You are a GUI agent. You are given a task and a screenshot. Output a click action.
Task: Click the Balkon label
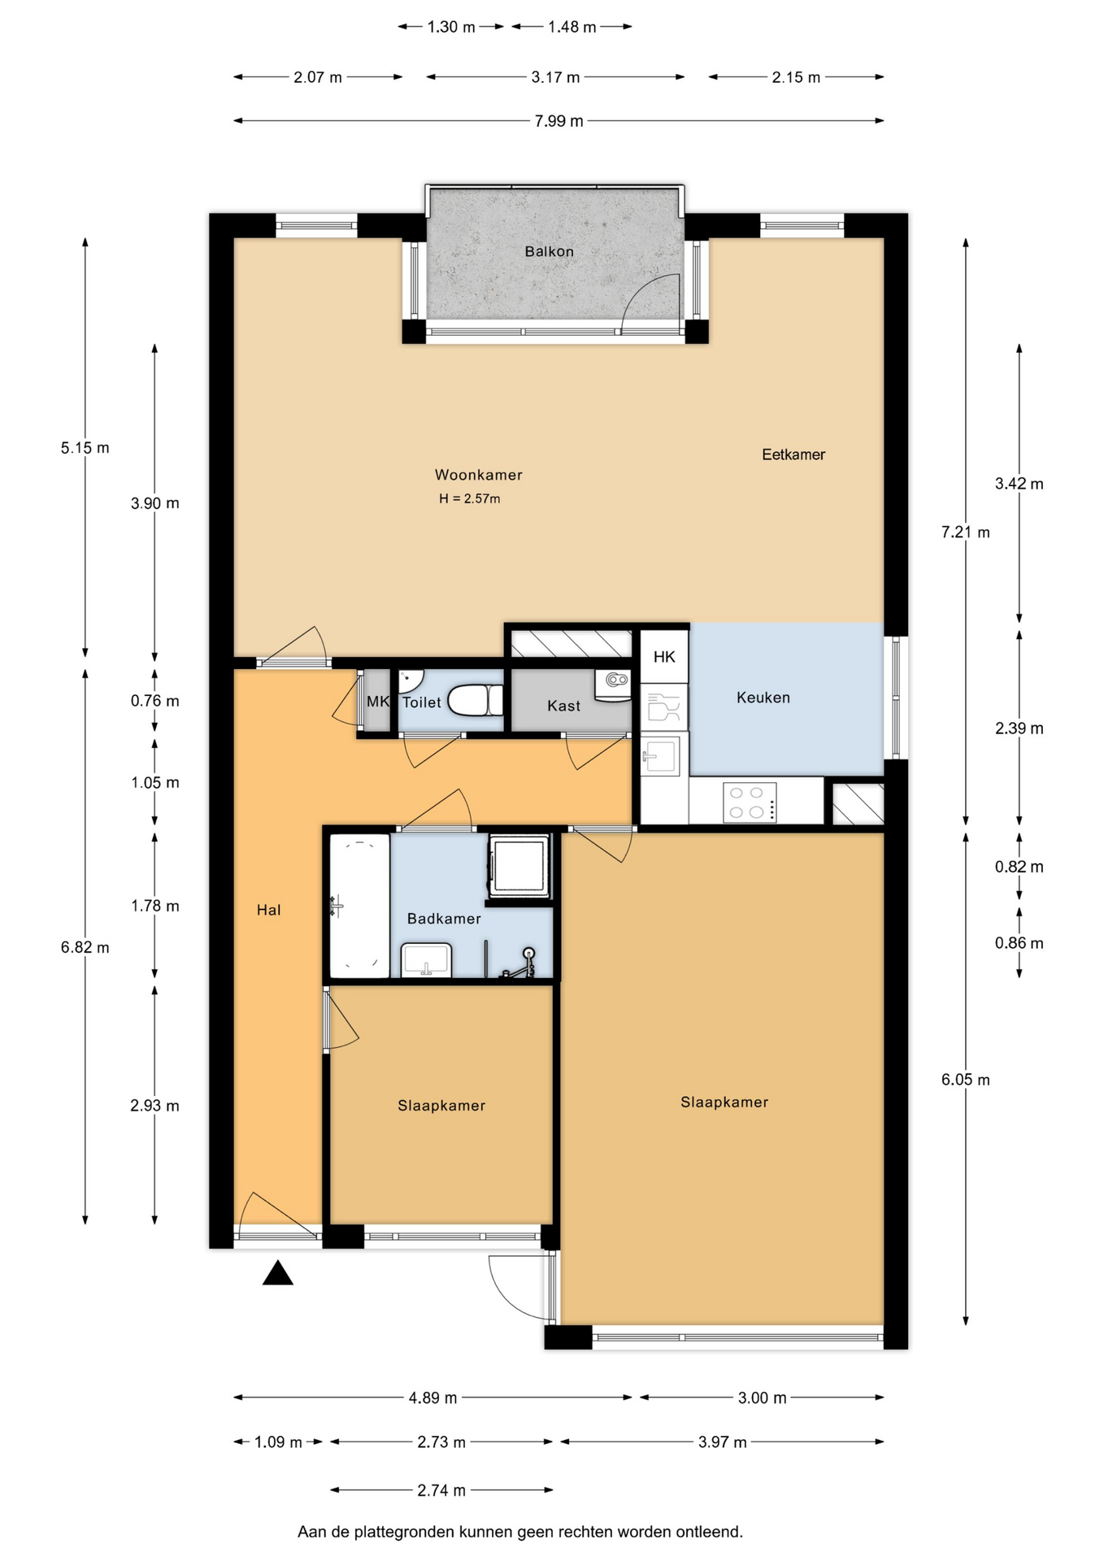coord(549,251)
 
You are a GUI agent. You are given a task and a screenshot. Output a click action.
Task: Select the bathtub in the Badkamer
coord(359,906)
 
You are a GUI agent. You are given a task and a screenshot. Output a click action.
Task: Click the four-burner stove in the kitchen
coord(749,802)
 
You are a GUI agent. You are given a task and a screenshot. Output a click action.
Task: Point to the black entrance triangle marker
coord(277,1272)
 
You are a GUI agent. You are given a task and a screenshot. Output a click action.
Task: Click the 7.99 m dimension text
coord(559,121)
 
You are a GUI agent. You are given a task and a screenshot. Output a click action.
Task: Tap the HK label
coord(664,657)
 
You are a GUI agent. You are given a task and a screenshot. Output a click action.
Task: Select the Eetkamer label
coord(793,454)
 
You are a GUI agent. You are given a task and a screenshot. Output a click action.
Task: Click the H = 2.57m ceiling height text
coord(470,498)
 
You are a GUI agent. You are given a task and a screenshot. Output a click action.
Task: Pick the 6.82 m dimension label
coord(85,947)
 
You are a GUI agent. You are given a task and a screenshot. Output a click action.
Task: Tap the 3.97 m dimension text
coord(722,1441)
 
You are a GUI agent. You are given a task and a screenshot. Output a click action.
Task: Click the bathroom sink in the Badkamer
coord(426,960)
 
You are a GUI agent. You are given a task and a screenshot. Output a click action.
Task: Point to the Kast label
coord(563,706)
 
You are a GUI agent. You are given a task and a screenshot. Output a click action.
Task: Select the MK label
coord(378,701)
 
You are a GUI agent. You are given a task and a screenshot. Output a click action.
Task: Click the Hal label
coord(268,910)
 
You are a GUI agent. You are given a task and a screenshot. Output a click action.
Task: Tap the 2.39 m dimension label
coord(1019,728)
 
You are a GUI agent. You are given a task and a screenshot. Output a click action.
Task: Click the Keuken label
coord(763,698)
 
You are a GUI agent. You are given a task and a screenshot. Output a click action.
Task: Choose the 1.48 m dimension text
coord(572,27)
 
